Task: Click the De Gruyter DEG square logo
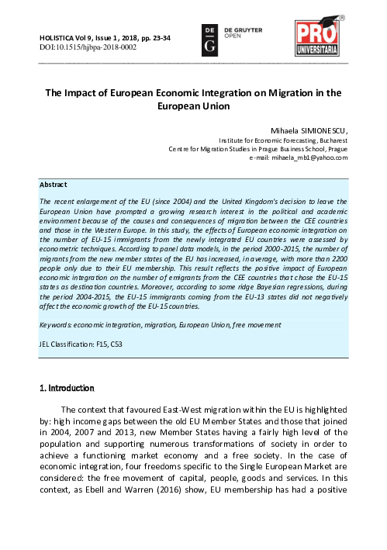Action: tap(208, 39)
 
